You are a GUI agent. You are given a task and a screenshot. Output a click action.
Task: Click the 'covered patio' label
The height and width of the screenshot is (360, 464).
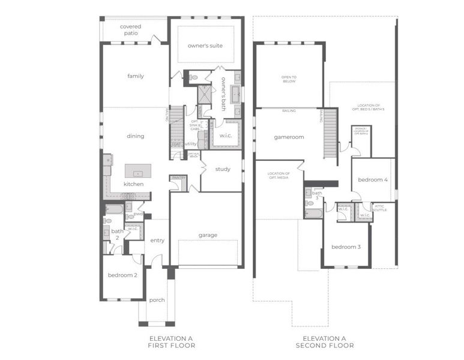(131, 30)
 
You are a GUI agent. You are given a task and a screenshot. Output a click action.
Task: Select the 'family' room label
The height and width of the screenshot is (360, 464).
(136, 76)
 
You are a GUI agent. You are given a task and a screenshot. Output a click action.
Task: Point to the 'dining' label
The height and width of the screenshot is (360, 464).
(136, 136)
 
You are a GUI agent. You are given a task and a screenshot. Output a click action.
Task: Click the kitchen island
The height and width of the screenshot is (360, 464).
(137, 171)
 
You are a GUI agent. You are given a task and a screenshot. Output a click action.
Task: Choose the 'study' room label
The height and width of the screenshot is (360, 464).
(222, 169)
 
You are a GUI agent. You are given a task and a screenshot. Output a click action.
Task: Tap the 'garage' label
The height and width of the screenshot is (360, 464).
(208, 235)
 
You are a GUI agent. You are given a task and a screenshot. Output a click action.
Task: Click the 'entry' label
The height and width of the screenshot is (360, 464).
(157, 241)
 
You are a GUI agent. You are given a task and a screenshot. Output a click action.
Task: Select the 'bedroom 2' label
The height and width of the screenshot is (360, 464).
(122, 275)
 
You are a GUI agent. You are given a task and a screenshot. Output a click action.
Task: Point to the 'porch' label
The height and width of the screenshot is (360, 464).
(157, 300)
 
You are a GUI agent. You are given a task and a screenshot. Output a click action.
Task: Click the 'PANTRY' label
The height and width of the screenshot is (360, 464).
(178, 178)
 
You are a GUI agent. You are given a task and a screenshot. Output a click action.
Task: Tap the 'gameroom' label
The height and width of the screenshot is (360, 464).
(289, 137)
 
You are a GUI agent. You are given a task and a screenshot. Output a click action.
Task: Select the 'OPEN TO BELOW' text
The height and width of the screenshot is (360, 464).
(289, 79)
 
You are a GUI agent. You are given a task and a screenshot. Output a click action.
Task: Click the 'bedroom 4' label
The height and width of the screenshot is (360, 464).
(373, 180)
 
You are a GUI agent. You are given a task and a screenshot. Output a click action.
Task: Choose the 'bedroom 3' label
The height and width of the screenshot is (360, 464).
(346, 247)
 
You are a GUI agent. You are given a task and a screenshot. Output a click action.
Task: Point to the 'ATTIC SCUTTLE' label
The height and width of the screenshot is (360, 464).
(380, 208)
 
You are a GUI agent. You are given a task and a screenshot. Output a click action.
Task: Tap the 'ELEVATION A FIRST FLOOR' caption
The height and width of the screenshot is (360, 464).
(172, 342)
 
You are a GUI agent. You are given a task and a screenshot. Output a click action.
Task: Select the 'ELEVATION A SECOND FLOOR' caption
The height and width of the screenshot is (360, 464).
(324, 342)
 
